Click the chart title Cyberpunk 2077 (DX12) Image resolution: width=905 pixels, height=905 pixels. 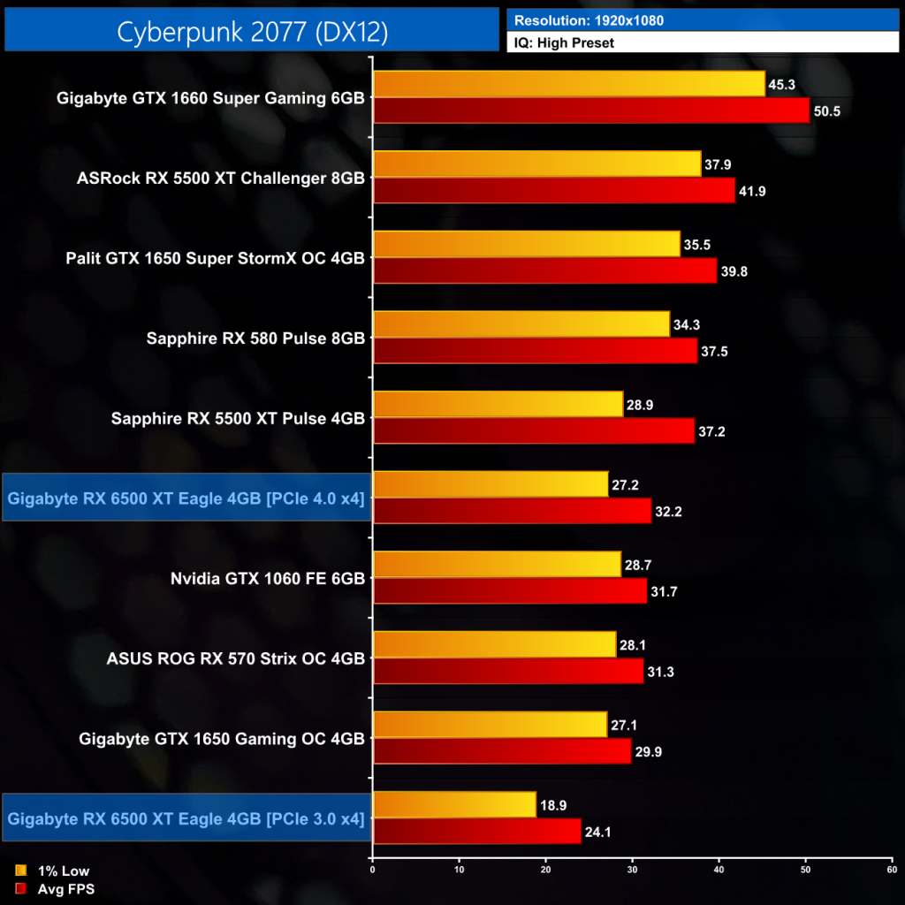(x=252, y=31)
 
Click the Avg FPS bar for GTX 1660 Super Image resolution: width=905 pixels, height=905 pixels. (x=591, y=111)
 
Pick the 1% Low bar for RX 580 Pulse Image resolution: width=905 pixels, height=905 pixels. (x=521, y=324)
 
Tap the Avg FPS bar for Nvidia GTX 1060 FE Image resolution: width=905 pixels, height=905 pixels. (x=510, y=591)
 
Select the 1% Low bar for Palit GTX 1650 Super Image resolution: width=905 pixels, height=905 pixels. (x=527, y=244)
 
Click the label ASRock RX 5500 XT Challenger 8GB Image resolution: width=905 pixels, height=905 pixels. (x=221, y=178)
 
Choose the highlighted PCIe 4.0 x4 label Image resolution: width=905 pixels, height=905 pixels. (x=186, y=498)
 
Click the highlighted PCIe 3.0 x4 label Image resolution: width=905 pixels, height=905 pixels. (x=186, y=818)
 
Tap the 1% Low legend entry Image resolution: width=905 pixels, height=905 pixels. (x=57, y=871)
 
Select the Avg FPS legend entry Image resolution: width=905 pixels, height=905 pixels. (x=58, y=889)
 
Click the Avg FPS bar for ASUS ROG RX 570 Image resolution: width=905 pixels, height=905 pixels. (x=508, y=672)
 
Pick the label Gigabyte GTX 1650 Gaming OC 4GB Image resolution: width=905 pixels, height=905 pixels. (x=221, y=738)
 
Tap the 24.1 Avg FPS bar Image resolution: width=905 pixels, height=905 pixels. (x=477, y=832)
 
